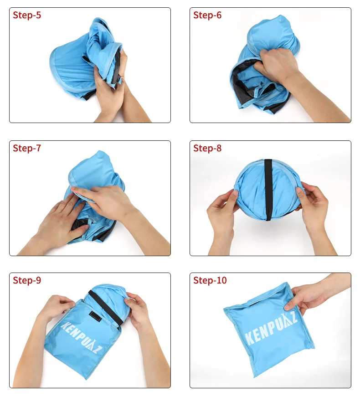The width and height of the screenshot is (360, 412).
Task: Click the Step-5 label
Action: (27, 15)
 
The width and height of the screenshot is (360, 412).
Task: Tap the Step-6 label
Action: (207, 15)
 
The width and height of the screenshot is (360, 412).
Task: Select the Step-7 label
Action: (27, 148)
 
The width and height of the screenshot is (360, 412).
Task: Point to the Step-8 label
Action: (207, 148)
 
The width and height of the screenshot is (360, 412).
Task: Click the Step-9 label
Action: (27, 280)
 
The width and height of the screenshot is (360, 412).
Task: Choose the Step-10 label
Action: (210, 280)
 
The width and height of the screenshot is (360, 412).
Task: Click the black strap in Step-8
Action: (268, 190)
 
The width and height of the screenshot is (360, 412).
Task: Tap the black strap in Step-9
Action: (106, 308)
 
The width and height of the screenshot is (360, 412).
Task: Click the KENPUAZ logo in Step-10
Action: (271, 329)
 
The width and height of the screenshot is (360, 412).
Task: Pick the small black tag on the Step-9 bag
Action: (95, 316)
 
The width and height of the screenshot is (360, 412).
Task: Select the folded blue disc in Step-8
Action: (268, 190)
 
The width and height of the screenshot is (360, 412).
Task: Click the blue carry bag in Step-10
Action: (269, 330)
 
